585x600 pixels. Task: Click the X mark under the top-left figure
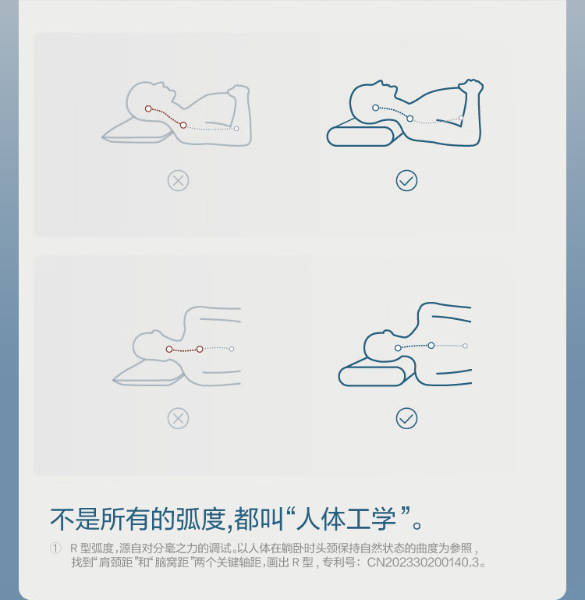click(x=179, y=180)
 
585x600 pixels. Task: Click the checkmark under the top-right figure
click(x=406, y=180)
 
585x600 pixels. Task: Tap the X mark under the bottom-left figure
click(x=179, y=418)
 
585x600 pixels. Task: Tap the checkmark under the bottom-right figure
click(x=406, y=418)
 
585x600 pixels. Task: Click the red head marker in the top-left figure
click(x=148, y=108)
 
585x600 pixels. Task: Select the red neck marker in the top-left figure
click(x=183, y=125)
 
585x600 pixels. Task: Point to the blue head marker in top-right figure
click(x=375, y=108)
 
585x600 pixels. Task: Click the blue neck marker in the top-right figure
click(x=409, y=119)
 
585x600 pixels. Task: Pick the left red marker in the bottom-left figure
click(x=169, y=349)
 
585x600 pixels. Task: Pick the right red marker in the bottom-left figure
click(x=200, y=349)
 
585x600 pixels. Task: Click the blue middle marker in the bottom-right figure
click(x=431, y=345)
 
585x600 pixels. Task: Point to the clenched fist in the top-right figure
click(x=471, y=86)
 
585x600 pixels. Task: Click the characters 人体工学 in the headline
click(x=346, y=520)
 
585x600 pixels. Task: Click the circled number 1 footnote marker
click(x=55, y=549)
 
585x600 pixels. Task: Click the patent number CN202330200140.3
click(x=423, y=563)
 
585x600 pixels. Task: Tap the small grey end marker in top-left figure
click(x=236, y=129)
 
